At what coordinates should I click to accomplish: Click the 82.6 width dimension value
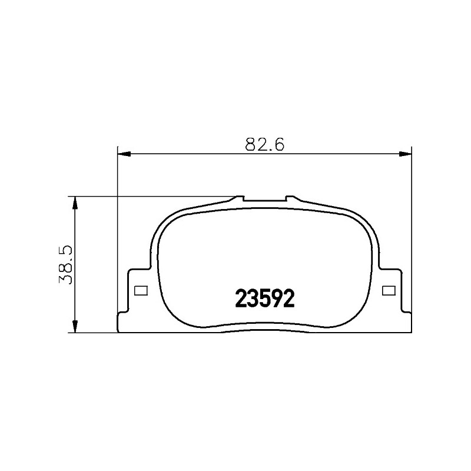click(264, 145)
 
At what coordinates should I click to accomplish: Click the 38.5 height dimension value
click(66, 265)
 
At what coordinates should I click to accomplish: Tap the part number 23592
click(264, 298)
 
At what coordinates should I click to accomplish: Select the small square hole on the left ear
click(141, 290)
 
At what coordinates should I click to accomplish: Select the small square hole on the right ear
click(389, 290)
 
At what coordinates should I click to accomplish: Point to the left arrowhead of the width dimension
click(124, 154)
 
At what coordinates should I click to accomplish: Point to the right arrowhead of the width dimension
click(404, 154)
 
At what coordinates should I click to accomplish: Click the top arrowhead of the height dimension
click(75, 203)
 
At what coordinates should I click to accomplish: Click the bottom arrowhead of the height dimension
click(75, 326)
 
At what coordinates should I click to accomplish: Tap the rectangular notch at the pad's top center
click(264, 198)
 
